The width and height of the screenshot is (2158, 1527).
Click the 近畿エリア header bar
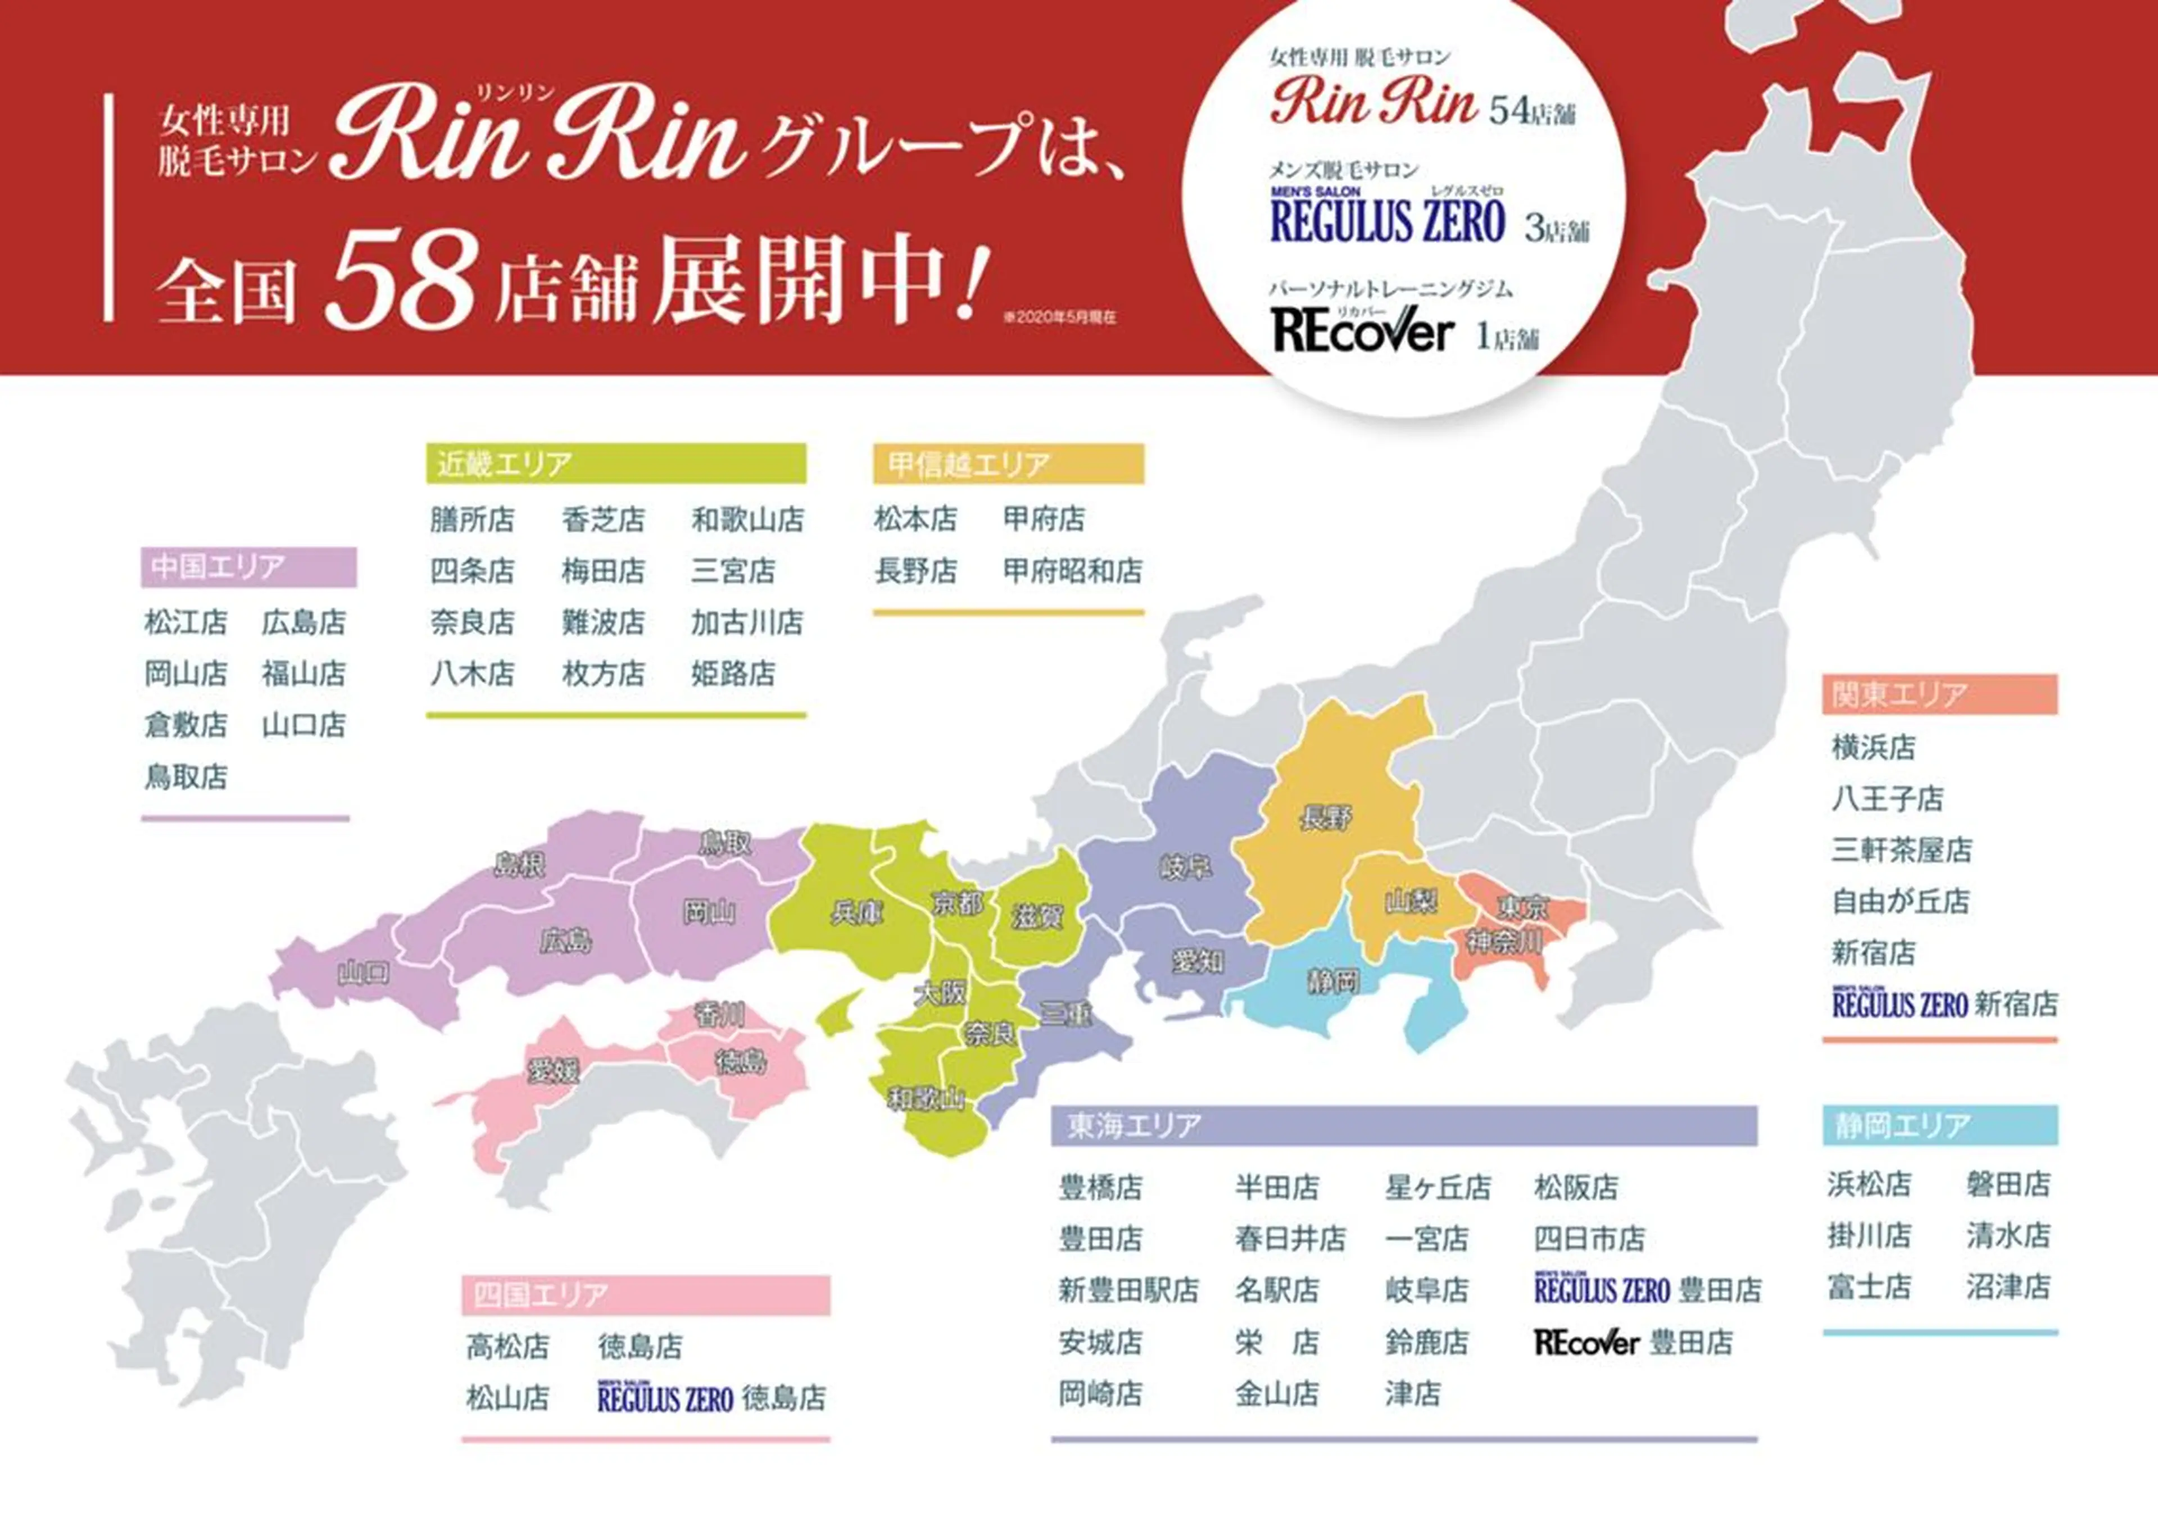[616, 463]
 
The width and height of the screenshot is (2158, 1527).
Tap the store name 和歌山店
[747, 519]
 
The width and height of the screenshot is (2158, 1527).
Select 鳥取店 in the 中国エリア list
[186, 776]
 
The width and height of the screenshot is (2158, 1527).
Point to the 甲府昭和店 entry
[1072, 571]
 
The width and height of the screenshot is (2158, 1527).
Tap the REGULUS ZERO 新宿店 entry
[1944, 1004]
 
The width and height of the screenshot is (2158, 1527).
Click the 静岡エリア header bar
[1939, 1125]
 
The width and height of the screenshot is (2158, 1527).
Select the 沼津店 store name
[2007, 1287]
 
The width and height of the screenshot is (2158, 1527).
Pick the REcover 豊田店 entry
[1633, 1342]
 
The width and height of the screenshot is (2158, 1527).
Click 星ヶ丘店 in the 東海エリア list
[1438, 1188]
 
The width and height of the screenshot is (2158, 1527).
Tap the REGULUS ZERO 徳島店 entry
[711, 1398]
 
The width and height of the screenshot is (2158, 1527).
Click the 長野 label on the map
[1326, 818]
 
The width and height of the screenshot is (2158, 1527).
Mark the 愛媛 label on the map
[553, 1070]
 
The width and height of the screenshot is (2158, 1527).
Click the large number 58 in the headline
[400, 279]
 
